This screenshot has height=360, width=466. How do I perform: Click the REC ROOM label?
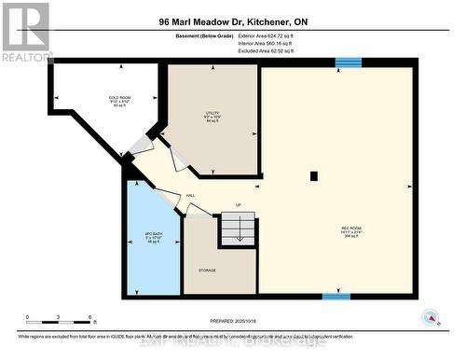[x=351, y=230]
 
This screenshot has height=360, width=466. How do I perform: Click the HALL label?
[x=190, y=195]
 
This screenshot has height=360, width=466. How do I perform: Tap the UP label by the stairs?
[x=238, y=204]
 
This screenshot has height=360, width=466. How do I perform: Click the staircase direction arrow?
[x=239, y=232]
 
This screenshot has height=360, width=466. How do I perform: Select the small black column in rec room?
[x=314, y=175]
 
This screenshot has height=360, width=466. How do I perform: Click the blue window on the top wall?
[x=348, y=62]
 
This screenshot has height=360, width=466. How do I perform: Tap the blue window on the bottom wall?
[x=336, y=297]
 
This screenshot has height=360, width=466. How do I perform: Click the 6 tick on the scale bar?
[x=89, y=317]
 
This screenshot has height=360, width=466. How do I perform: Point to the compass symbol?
[x=431, y=318]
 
